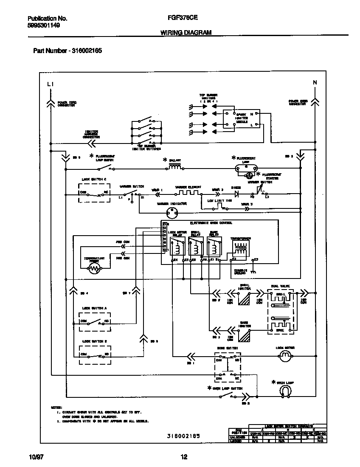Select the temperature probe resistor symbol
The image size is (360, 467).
point(94,268)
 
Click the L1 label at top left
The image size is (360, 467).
point(51,84)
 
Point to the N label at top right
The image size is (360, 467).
point(315,82)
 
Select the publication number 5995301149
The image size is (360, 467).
point(43,25)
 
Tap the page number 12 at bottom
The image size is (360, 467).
point(184,457)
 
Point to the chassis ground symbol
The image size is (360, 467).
point(254,271)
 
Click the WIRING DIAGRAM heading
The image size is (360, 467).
point(186,32)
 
